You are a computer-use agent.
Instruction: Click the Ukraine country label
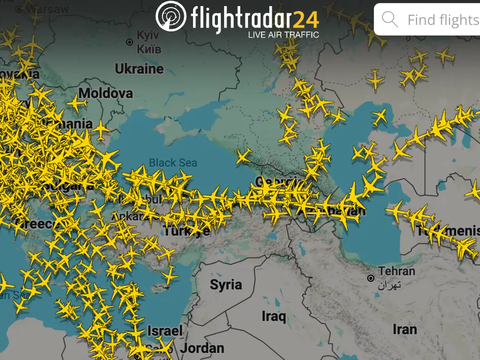(139, 69)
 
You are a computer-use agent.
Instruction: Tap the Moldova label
(106, 93)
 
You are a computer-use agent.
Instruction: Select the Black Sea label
(173, 163)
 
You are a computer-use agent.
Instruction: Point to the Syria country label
(226, 284)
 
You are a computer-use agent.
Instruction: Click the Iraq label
(274, 316)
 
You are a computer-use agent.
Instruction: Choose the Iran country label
(404, 330)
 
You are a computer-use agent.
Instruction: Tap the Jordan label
(202, 348)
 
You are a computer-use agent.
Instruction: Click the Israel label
(165, 331)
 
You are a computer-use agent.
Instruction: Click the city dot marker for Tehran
(371, 278)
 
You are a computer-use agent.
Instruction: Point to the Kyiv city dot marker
(130, 42)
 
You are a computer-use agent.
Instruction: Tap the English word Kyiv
(148, 36)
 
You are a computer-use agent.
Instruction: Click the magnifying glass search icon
(390, 20)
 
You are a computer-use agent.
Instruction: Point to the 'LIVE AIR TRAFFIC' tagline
(283, 35)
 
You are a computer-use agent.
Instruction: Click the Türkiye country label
(186, 231)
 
